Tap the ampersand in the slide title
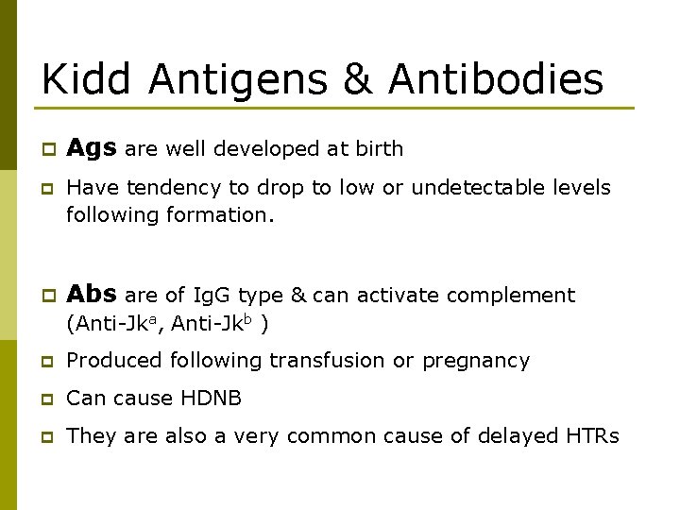point(359,79)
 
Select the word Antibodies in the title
point(496,79)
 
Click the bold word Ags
point(91,148)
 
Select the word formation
point(220,215)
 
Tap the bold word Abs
point(92,295)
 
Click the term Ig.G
point(217,296)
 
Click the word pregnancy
point(476,361)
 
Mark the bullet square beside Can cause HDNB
point(44,399)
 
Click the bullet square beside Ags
point(44,150)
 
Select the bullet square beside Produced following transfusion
point(44,362)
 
